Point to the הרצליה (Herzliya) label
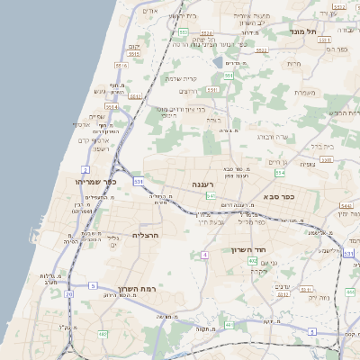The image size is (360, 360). point(145,235)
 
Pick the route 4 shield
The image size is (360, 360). point(205,255)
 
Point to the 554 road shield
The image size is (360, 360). point(280,172)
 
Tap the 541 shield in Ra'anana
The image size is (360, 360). point(210,195)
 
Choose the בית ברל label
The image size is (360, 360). point(321,145)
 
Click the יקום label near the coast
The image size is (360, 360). point(134,45)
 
